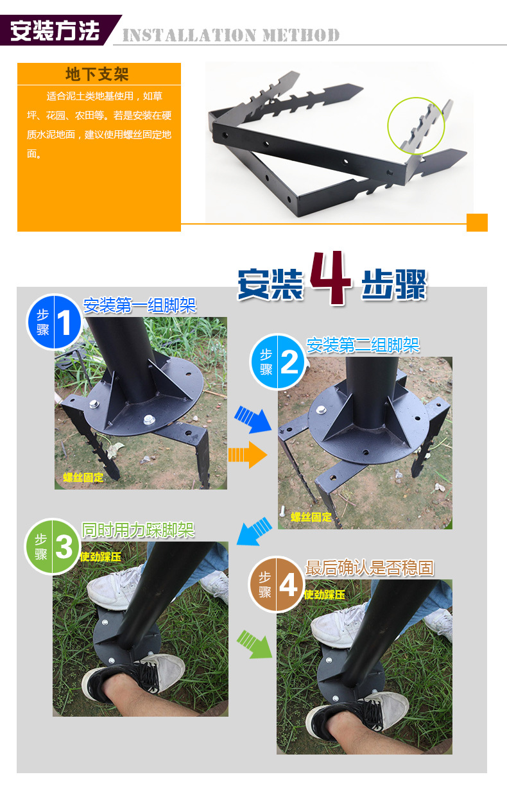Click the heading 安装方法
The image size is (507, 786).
coord(55,31)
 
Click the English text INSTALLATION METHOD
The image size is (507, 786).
coord(230,35)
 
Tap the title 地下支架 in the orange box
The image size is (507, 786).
coord(98,74)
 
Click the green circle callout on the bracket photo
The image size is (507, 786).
coord(416,126)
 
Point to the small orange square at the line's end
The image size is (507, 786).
coord(477,222)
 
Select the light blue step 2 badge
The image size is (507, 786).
coord(277,362)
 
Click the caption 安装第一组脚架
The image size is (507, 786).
coord(139,305)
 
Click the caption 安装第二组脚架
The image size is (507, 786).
coord(363,345)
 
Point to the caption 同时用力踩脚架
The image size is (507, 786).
coord(138,530)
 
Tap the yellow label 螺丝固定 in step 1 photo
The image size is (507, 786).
coord(82,477)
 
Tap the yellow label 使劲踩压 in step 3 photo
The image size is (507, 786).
coord(100,557)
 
